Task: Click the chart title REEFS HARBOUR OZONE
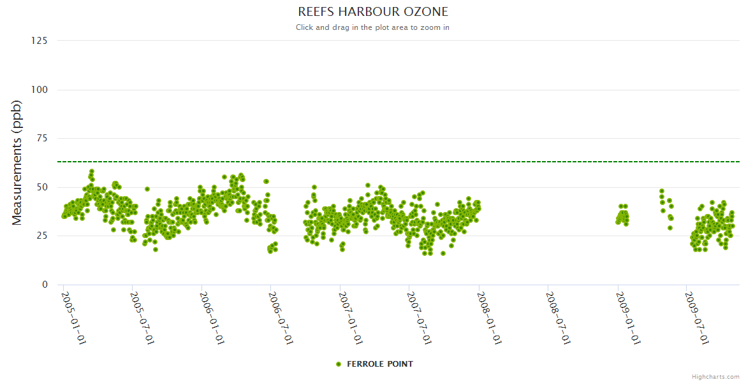coord(373,12)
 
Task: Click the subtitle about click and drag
coord(373,27)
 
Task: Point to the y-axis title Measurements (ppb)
coord(17,162)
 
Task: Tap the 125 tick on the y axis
coord(39,41)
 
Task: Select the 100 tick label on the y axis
coord(39,90)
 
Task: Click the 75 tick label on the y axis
coord(41,138)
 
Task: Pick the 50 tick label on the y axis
coord(41,187)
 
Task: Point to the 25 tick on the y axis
coord(41,236)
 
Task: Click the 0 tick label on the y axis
coord(44,285)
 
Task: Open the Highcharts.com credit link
coord(715,377)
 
